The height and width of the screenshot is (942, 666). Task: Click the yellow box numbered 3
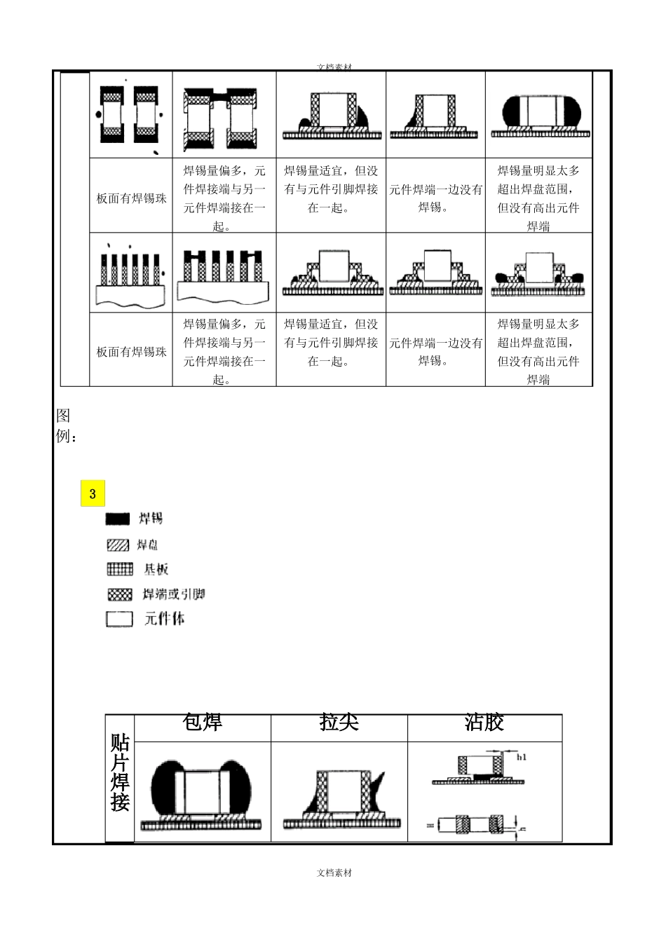93,493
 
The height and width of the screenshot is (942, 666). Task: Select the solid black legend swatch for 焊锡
118,519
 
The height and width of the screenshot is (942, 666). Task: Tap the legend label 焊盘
148,545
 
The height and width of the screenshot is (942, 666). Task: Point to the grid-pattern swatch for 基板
119,569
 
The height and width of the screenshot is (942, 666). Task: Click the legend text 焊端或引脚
173,594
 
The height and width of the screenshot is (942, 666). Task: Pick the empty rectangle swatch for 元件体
119,620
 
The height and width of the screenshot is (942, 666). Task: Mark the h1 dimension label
521,757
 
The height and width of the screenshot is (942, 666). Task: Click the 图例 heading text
63,425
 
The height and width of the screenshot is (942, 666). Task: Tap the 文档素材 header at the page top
334,67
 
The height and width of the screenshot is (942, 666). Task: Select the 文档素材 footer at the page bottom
334,873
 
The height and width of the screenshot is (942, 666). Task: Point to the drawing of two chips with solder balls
130,116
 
